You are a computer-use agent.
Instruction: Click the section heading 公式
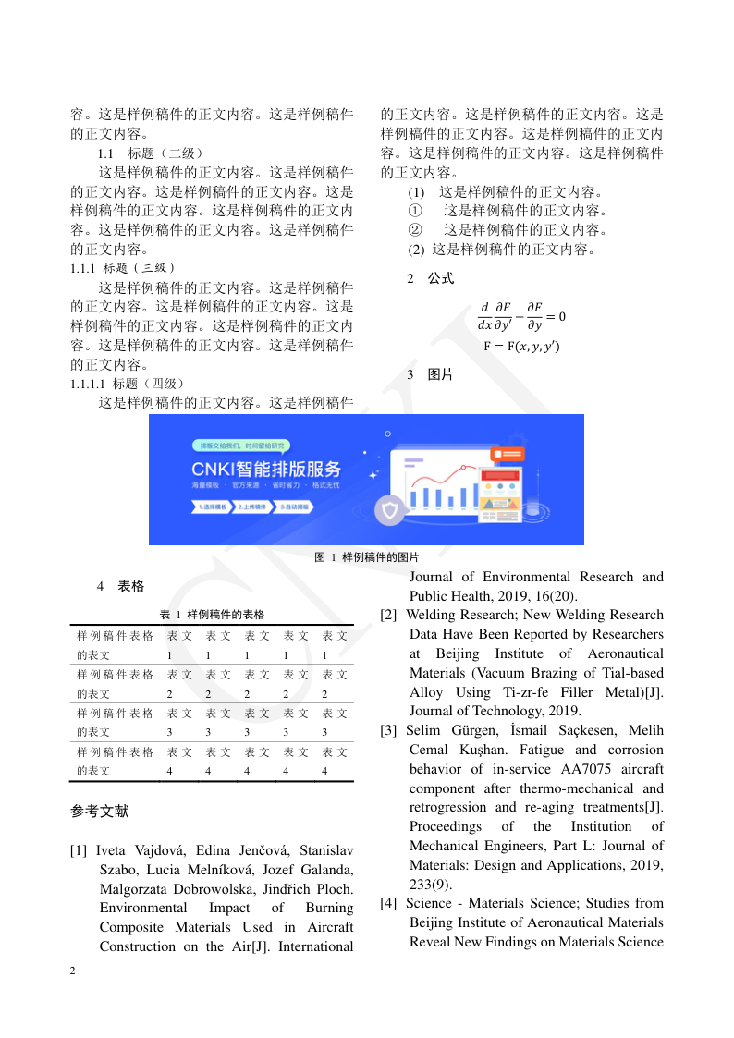coord(440,278)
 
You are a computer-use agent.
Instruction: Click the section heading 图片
coord(440,374)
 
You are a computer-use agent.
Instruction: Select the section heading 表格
coord(130,586)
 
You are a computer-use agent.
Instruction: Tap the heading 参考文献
coord(99,812)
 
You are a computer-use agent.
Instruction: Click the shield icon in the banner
coord(391,509)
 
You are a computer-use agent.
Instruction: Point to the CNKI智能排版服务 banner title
coord(266,468)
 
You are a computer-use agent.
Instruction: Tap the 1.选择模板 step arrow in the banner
coord(212,507)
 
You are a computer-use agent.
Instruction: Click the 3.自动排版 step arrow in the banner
coord(290,507)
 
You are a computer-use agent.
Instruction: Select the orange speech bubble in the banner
coord(504,454)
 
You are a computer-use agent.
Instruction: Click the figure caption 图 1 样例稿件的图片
coord(367,557)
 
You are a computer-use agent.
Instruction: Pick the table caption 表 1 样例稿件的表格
coord(212,614)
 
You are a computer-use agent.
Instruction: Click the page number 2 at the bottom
coord(73,971)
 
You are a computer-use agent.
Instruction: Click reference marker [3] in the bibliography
coord(389,730)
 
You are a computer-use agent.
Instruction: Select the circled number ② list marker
coord(415,230)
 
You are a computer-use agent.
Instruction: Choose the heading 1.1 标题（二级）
coord(150,153)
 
